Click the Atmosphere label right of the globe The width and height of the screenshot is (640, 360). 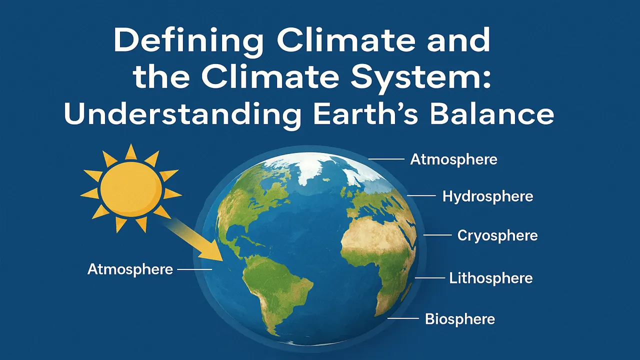(453, 159)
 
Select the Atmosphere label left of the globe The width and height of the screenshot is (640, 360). (130, 269)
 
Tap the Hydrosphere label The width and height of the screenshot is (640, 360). (487, 196)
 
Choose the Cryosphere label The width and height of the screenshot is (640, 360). (497, 235)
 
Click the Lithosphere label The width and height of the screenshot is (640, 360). (490, 278)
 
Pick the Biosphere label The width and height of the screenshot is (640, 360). (460, 318)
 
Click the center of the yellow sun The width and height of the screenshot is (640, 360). (131, 188)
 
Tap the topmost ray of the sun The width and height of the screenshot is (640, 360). (131, 151)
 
